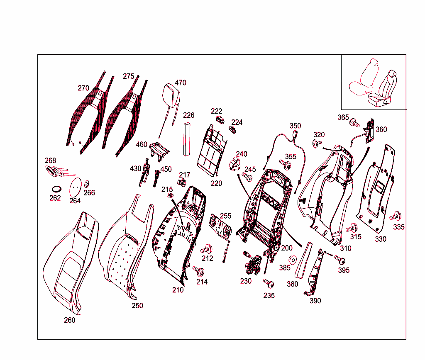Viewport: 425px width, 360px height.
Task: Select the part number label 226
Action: coord(189,115)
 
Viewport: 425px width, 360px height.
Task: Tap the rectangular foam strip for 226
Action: coord(187,139)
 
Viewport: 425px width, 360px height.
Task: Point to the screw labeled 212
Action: coord(207,250)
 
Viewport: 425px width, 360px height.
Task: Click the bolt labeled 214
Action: coord(199,271)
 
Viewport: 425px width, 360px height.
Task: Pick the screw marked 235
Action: coord(269,283)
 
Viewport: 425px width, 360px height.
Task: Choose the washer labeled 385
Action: coord(293,260)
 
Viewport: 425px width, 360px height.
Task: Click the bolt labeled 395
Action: coord(340,260)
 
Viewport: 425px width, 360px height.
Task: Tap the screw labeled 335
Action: coord(396,216)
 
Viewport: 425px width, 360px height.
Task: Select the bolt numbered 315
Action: coord(352,228)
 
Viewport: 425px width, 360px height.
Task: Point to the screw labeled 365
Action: coord(354,123)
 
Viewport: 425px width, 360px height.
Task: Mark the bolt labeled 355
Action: coord(285,164)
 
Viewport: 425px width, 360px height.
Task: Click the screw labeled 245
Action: coord(247,177)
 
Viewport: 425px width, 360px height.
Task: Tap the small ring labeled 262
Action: coord(56,189)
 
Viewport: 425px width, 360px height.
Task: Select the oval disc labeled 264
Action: coord(76,187)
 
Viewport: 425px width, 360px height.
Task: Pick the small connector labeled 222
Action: coord(220,119)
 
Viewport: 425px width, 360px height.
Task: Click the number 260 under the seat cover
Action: coord(70,320)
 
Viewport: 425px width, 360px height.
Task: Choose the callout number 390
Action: coord(315,301)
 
